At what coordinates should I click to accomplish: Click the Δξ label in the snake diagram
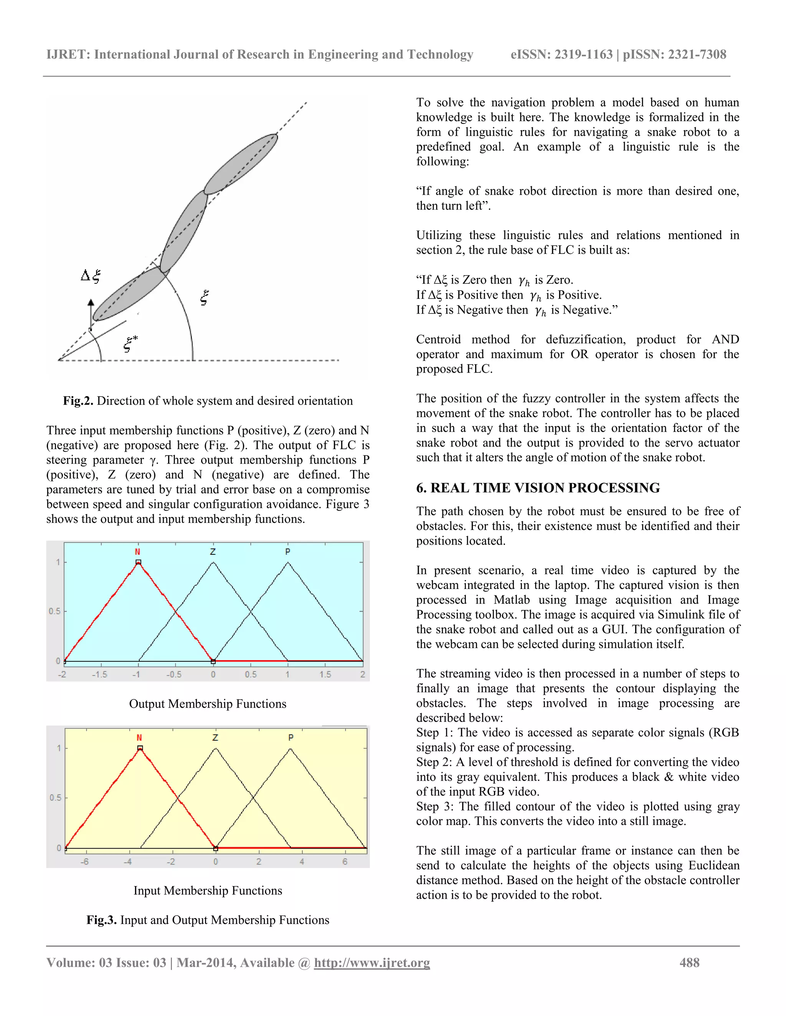pyautogui.click(x=91, y=276)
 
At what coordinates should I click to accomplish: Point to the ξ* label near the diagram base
pyautogui.click(x=130, y=344)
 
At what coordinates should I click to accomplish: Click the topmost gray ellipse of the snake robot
pyautogui.click(x=241, y=164)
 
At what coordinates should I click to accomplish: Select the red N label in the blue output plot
pyautogui.click(x=137, y=552)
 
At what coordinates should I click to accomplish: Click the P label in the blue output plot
pyautogui.click(x=288, y=552)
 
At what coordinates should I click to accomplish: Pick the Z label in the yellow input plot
pyautogui.click(x=215, y=738)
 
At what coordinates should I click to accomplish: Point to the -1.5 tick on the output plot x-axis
pyautogui.click(x=99, y=674)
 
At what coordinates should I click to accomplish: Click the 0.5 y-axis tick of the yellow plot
pyautogui.click(x=55, y=798)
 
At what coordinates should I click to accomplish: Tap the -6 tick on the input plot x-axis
pyautogui.click(x=84, y=861)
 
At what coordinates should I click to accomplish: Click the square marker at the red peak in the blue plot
pyautogui.click(x=138, y=562)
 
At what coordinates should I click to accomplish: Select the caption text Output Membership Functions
pyautogui.click(x=208, y=704)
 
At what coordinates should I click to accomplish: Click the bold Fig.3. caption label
pyautogui.click(x=101, y=920)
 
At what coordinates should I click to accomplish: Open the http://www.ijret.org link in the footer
pyautogui.click(x=372, y=962)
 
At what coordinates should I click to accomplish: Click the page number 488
pyautogui.click(x=689, y=962)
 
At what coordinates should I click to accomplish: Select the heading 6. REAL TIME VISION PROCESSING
pyautogui.click(x=538, y=488)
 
